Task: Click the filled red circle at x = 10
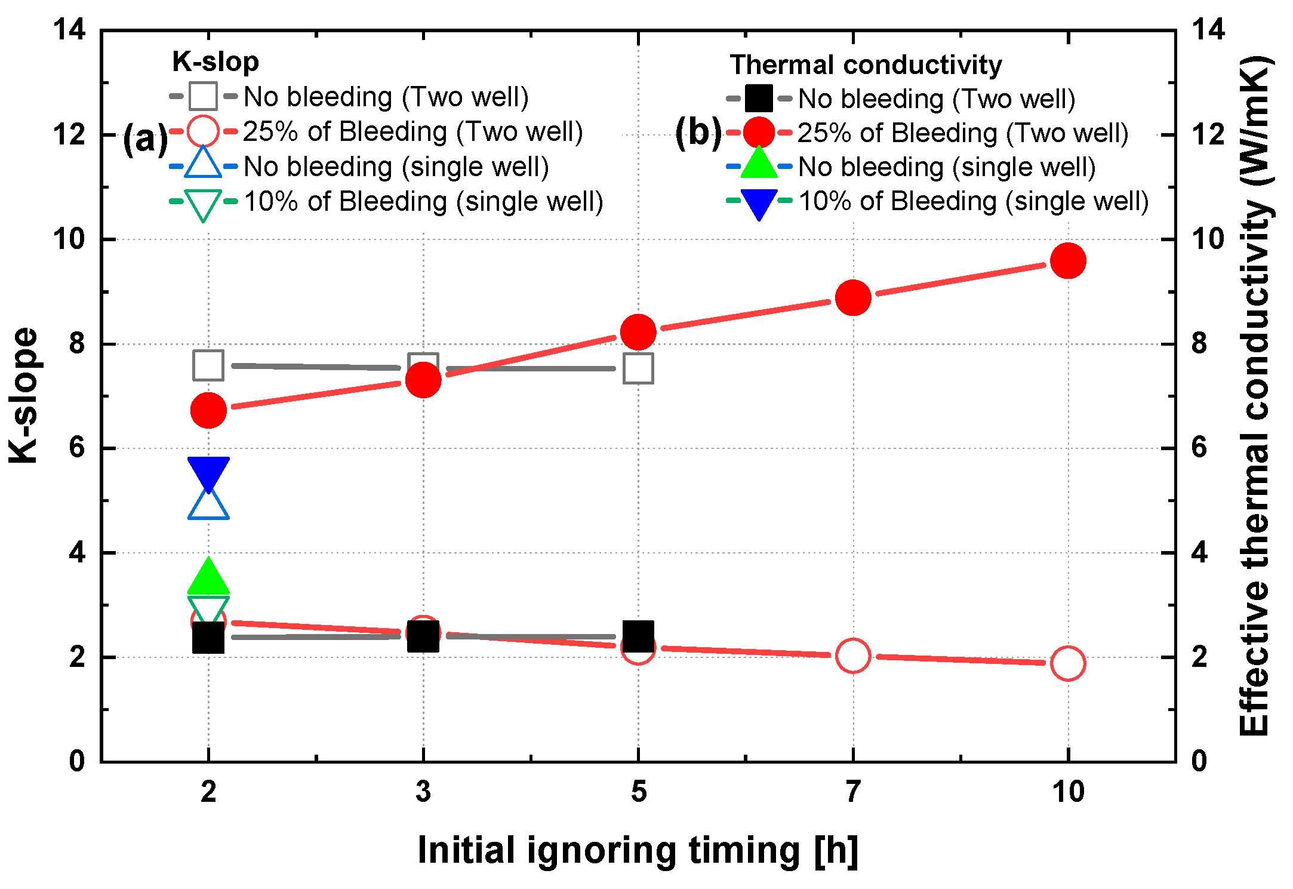(1067, 261)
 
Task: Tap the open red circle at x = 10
(1067, 663)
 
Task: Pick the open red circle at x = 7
(852, 655)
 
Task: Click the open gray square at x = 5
(638, 368)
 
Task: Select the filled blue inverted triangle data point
(208, 472)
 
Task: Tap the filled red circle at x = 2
(208, 410)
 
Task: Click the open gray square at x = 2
(208, 365)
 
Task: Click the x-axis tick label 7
(852, 792)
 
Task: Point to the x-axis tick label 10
(1067, 792)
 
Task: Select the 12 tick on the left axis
(69, 134)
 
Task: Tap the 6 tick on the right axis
(1199, 448)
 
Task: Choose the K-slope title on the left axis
(24, 395)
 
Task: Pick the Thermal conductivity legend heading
(866, 64)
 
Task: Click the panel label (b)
(698, 133)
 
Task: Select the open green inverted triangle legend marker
(203, 203)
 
